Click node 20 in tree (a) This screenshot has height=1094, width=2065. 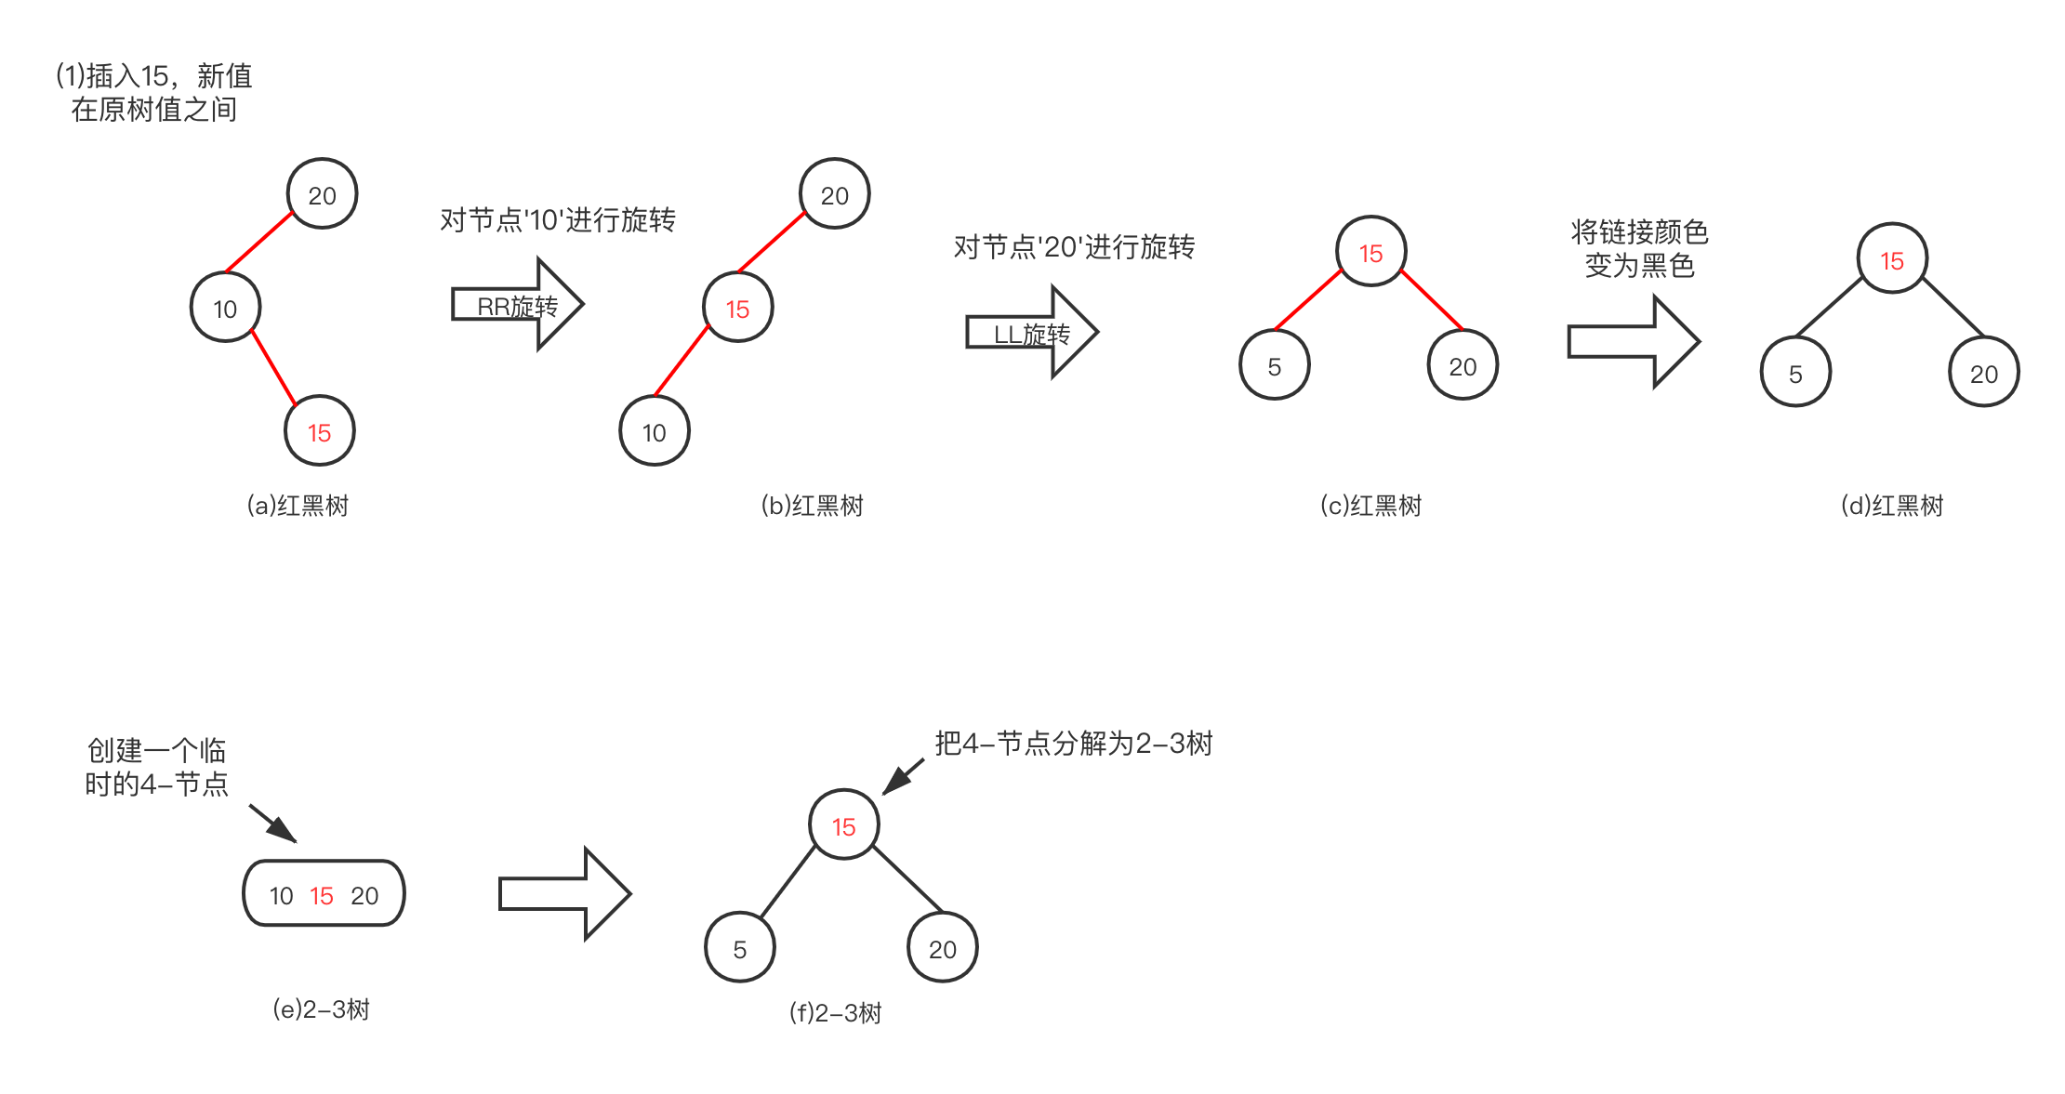coord(322,195)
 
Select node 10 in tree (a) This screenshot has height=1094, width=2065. coord(225,309)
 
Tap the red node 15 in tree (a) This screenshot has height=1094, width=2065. coord(319,432)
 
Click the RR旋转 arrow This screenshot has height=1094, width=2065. coord(517,305)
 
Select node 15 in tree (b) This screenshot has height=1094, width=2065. coord(737,309)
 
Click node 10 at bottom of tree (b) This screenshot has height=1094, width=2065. coord(655,432)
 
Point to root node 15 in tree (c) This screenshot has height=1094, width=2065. coord(1370,253)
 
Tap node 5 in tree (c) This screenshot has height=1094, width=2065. coord(1274,366)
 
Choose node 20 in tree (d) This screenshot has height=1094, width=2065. coord(1983,374)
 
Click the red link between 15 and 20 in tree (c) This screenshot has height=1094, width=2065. coord(1432,300)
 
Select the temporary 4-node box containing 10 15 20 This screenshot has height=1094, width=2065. coord(324,894)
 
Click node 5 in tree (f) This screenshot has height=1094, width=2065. coord(739,949)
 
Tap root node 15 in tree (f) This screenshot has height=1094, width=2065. coord(843,826)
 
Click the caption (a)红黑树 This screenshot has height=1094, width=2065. coord(298,506)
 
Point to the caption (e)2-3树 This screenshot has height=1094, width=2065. coord(322,1009)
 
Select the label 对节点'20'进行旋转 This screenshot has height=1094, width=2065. coord(1074,247)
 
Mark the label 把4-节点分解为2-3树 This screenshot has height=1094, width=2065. coord(1074,744)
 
